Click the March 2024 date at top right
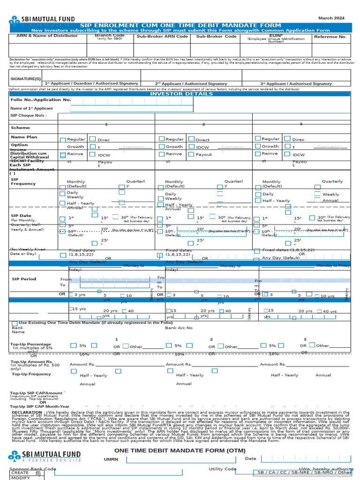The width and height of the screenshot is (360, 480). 331,18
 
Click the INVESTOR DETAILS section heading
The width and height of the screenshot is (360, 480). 181,94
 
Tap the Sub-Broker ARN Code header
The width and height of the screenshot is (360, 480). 162,37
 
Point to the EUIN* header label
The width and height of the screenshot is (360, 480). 276,35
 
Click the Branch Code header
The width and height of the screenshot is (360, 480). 110,35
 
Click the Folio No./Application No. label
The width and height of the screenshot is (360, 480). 41,100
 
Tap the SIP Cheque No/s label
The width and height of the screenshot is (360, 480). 29,115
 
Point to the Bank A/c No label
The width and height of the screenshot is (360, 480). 179,328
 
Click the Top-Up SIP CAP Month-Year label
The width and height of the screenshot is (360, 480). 40,406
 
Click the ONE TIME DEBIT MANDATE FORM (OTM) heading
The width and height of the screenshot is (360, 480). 180,450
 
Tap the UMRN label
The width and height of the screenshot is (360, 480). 111,459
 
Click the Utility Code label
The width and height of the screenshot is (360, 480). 223,469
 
